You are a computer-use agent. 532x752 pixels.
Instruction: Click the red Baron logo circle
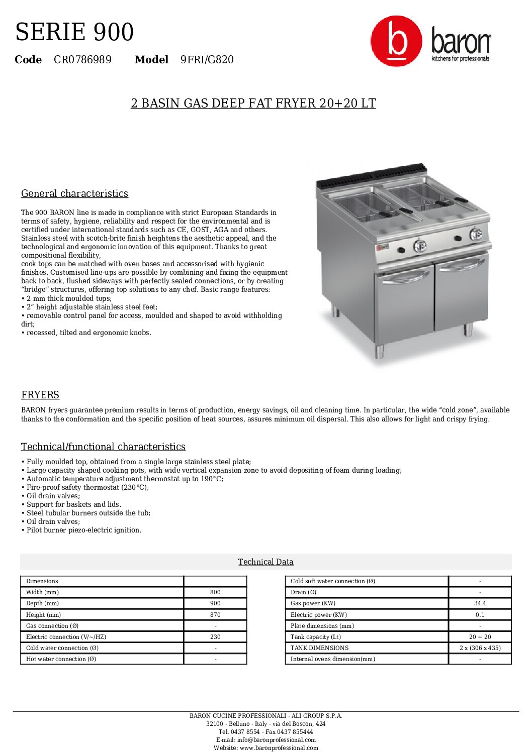396,41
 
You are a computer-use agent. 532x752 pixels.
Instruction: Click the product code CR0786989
82,60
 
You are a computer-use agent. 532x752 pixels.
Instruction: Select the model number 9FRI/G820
207,60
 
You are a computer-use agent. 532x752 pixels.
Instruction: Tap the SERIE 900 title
74,32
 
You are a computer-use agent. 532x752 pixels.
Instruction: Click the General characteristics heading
74,193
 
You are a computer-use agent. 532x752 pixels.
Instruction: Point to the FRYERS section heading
40,395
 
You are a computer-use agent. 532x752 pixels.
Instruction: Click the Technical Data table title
265,562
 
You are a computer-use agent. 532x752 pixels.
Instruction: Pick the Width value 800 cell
215,592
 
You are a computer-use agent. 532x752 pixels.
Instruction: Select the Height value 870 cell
215,614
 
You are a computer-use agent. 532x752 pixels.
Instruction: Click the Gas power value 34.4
480,603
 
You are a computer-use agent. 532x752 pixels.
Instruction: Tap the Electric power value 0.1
480,614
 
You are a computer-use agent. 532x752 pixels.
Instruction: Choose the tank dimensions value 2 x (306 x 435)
480,648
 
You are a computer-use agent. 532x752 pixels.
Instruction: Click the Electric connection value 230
215,637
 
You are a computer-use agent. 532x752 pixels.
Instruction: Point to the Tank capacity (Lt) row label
315,637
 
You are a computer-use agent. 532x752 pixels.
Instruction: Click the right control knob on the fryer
475,234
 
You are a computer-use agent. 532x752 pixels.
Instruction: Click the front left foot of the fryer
380,351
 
